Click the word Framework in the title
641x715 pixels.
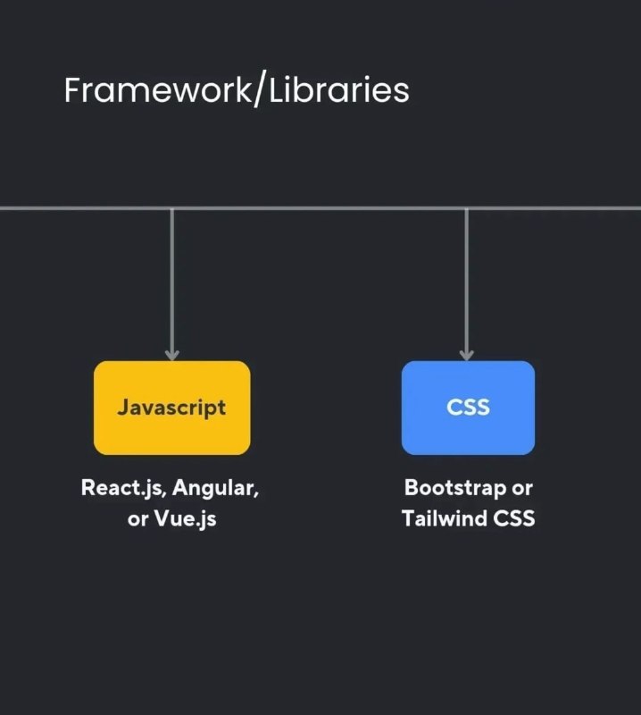pyautogui.click(x=157, y=90)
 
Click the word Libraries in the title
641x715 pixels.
pyautogui.click(x=339, y=90)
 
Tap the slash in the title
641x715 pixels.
pyautogui.click(x=259, y=91)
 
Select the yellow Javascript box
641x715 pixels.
pyautogui.click(x=171, y=408)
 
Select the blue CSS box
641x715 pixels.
pyautogui.click(x=468, y=408)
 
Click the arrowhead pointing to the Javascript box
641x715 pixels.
pyautogui.click(x=171, y=355)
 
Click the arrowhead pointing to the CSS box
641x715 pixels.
pyautogui.click(x=467, y=355)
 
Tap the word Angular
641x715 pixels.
pyautogui.click(x=215, y=488)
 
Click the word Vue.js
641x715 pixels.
pyautogui.click(x=185, y=519)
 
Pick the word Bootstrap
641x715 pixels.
pyautogui.click(x=455, y=488)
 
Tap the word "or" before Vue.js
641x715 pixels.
pyautogui.click(x=137, y=520)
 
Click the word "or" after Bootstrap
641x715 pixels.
pyautogui.click(x=522, y=489)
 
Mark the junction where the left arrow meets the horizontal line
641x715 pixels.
pyautogui.click(x=171, y=209)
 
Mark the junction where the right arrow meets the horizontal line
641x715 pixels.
pyautogui.click(x=467, y=209)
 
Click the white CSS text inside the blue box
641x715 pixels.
pyautogui.click(x=469, y=408)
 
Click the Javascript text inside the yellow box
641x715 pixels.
pyautogui.click(x=171, y=408)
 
